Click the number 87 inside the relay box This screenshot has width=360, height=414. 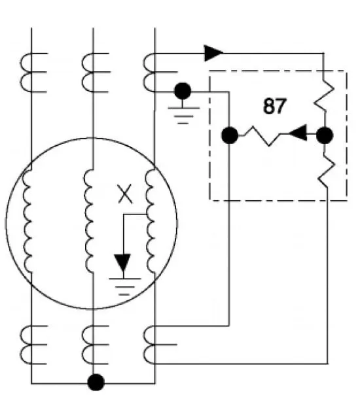point(275,106)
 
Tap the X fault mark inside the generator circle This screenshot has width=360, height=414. point(125,194)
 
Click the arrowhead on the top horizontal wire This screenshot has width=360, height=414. point(213,53)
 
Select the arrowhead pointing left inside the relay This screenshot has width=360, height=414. point(298,133)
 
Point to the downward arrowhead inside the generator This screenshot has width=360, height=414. point(122,263)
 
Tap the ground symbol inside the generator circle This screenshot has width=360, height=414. point(125,286)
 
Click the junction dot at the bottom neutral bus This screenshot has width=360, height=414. point(96,382)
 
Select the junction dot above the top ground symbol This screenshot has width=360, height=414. point(183,91)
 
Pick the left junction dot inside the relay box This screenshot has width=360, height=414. point(230,135)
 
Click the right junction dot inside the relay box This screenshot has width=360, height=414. point(325,135)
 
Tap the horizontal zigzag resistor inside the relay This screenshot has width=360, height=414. point(262,136)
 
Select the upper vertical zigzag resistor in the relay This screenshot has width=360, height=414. point(324,96)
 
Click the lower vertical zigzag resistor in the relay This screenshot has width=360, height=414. point(327,170)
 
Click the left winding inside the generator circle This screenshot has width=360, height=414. point(27,221)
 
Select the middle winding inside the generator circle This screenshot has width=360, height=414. point(89,221)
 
